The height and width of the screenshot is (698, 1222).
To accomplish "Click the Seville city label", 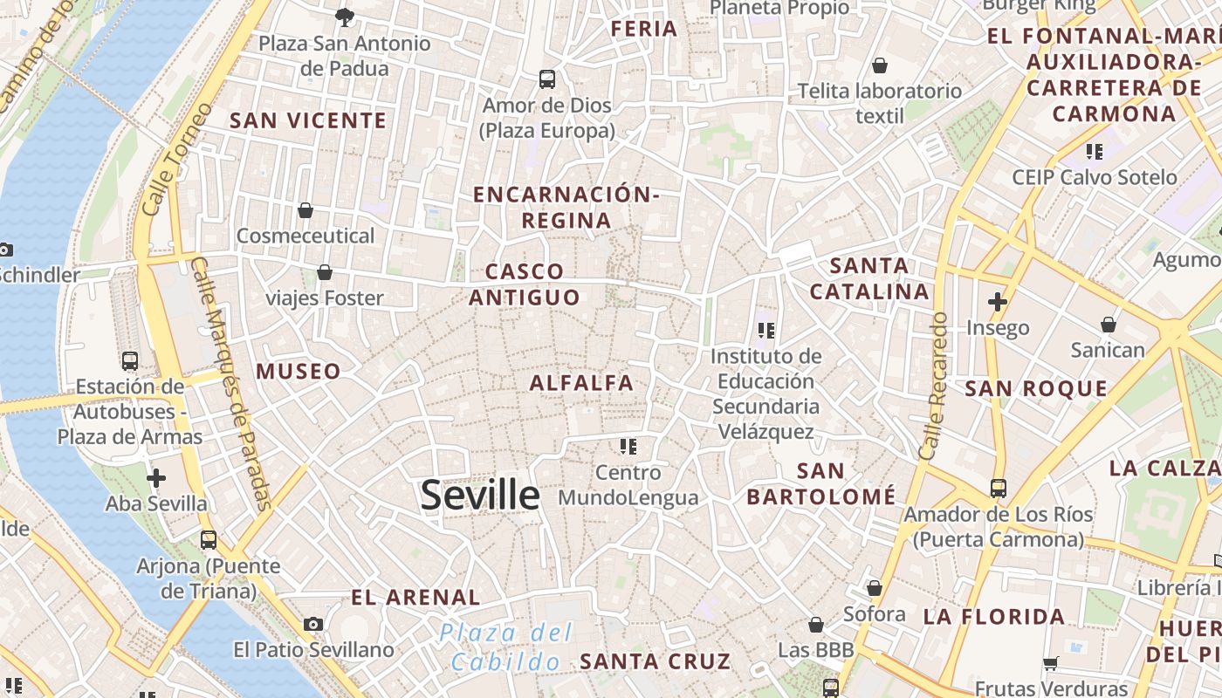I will pyautogui.click(x=480, y=495).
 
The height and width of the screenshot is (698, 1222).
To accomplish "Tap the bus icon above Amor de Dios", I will pyautogui.click(x=547, y=79).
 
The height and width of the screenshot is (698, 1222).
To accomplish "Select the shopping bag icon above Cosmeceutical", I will pyautogui.click(x=305, y=210).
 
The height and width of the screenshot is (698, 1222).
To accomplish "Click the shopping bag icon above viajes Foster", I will pyautogui.click(x=325, y=272).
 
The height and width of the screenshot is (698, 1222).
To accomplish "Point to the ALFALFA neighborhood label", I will pyautogui.click(x=581, y=382).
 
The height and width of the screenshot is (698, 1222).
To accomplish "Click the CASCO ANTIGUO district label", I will pyautogui.click(x=525, y=284).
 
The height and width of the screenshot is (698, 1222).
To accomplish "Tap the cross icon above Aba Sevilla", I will pyautogui.click(x=156, y=478).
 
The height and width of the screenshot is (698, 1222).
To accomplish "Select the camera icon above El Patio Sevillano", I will pyautogui.click(x=313, y=624).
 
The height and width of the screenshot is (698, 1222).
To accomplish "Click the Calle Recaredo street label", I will pyautogui.click(x=933, y=387).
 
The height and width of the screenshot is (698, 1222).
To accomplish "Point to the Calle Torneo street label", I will pyautogui.click(x=176, y=161).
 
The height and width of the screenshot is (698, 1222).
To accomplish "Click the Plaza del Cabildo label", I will pyautogui.click(x=505, y=647).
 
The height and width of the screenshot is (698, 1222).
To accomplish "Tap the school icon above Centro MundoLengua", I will pyautogui.click(x=628, y=447).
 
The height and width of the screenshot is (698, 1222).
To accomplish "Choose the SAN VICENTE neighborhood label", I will pyautogui.click(x=308, y=120).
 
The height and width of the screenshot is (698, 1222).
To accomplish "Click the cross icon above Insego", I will pyautogui.click(x=997, y=302).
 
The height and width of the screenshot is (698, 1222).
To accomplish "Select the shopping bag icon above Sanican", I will pyautogui.click(x=1108, y=325).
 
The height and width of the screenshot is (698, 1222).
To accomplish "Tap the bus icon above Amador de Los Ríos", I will pyautogui.click(x=998, y=489).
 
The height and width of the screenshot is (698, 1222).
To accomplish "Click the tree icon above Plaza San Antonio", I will pyautogui.click(x=345, y=17).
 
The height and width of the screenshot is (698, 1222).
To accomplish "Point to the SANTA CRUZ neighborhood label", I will pyautogui.click(x=655, y=660).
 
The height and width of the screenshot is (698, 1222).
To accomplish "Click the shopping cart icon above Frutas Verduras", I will pyautogui.click(x=1051, y=663).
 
